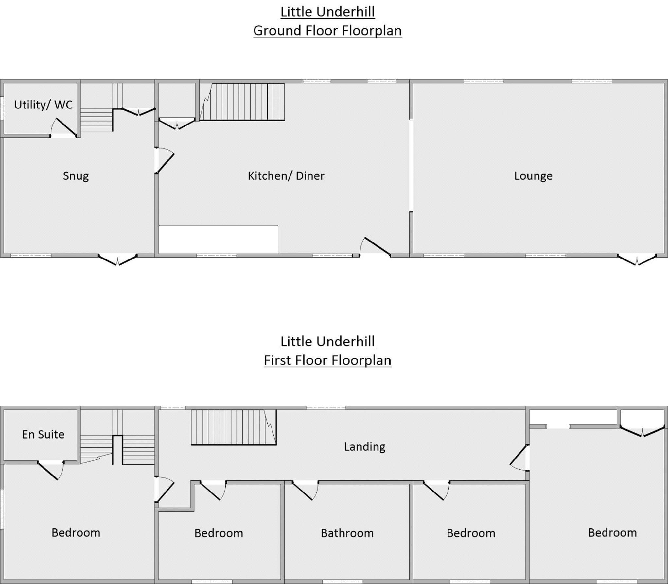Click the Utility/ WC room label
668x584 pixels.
coord(43,105)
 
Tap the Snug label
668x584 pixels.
coord(76,176)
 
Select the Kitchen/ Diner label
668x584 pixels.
coord(286,176)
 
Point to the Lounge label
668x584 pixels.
coord(533,176)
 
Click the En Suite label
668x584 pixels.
coord(43,434)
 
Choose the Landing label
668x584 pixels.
coord(365,447)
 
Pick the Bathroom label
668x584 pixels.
coord(347,533)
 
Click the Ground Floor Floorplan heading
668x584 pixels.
coord(327,31)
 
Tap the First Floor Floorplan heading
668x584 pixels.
coord(327,360)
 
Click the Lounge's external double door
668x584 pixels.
coord(637,260)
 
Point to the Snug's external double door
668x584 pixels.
coord(118,260)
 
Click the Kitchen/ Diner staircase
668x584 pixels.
coord(242,102)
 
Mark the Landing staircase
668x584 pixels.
coord(234,427)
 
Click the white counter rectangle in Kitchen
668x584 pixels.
coord(218,240)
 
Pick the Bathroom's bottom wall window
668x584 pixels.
coord(343,582)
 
